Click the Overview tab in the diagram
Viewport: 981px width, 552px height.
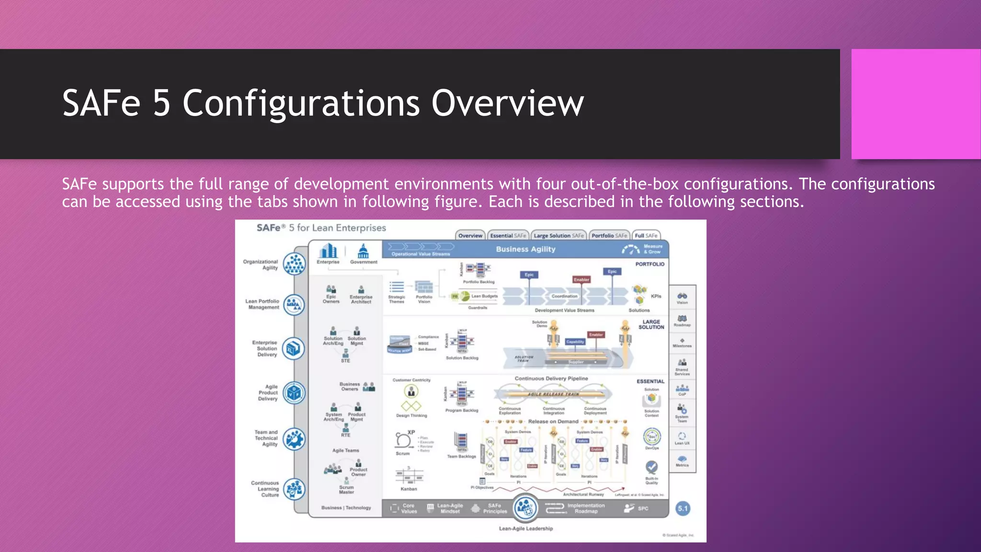pyautogui.click(x=470, y=236)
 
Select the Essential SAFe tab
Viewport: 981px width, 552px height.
pyautogui.click(x=508, y=236)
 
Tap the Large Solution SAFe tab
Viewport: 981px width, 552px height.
pyautogui.click(x=559, y=236)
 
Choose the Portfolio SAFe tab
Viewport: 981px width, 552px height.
pyautogui.click(x=609, y=236)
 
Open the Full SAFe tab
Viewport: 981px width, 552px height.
pyautogui.click(x=646, y=236)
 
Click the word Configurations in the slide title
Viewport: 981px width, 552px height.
pyautogui.click(x=301, y=103)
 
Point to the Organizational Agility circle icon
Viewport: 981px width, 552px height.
pyautogui.click(x=294, y=264)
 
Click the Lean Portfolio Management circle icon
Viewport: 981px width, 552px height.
pyautogui.click(x=294, y=304)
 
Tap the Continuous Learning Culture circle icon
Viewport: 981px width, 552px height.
pyautogui.click(x=294, y=489)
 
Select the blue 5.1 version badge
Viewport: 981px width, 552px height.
pyautogui.click(x=683, y=508)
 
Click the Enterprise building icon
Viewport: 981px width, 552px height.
pyautogui.click(x=328, y=251)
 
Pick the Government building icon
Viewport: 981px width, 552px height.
pyautogui.click(x=363, y=251)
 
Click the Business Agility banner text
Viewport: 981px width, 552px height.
pyautogui.click(x=525, y=249)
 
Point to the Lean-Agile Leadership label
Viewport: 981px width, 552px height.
pyautogui.click(x=525, y=529)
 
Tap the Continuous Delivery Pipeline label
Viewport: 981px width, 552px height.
pyautogui.click(x=551, y=379)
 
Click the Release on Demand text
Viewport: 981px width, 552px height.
pyautogui.click(x=553, y=422)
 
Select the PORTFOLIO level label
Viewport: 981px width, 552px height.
pyautogui.click(x=650, y=264)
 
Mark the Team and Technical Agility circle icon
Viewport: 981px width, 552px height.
pyautogui.click(x=294, y=439)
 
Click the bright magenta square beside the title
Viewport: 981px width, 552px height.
pyautogui.click(x=916, y=104)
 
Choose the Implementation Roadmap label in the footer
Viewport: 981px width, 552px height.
pyautogui.click(x=586, y=508)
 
